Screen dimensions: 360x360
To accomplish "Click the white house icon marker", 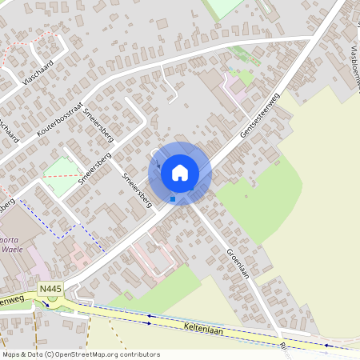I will tap(180, 173).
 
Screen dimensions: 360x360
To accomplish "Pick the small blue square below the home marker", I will tap(173, 198).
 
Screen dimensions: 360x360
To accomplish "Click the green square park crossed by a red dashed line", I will tap(60, 174).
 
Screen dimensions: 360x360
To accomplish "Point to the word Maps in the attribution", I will tap(12, 354).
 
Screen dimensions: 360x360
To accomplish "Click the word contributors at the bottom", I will tap(138, 354).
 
